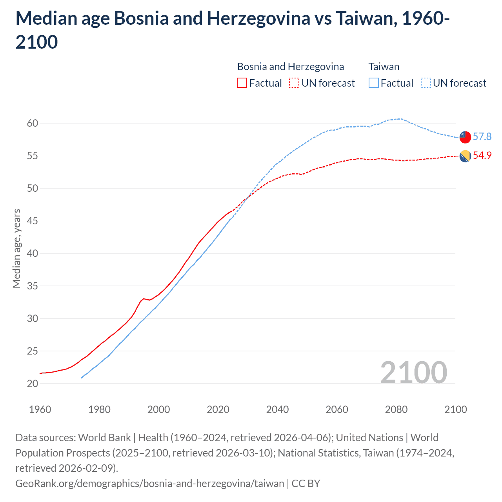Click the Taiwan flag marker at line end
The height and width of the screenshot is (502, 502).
pos(465,137)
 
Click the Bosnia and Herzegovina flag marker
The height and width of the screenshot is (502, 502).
pos(465,156)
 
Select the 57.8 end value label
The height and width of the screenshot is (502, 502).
pos(482,136)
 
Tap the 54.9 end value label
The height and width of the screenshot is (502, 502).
pos(482,155)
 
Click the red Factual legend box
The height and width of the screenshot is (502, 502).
pos(242,83)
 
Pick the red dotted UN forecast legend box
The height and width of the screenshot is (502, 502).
pos(294,83)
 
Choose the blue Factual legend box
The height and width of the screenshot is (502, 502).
pos(373,83)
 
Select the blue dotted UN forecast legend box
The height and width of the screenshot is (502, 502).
pos(426,83)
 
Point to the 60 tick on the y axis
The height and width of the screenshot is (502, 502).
pos(33,123)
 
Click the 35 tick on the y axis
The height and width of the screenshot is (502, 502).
pos(33,286)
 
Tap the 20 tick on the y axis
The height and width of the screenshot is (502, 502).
pos(33,384)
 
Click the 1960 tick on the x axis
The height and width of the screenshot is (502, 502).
pos(40,409)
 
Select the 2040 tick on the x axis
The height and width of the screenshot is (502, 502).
pos(277,409)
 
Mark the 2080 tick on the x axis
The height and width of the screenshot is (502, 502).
pos(396,409)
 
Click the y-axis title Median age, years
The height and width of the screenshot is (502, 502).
pos(16,249)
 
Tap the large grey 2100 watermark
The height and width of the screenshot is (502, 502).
pos(413,373)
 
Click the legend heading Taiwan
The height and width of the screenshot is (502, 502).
pos(384,67)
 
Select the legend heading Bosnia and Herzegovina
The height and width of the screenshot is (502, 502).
pos(291,67)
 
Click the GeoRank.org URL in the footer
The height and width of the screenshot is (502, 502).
pos(150,483)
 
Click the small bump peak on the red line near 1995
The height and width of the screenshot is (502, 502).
pos(144,298)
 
